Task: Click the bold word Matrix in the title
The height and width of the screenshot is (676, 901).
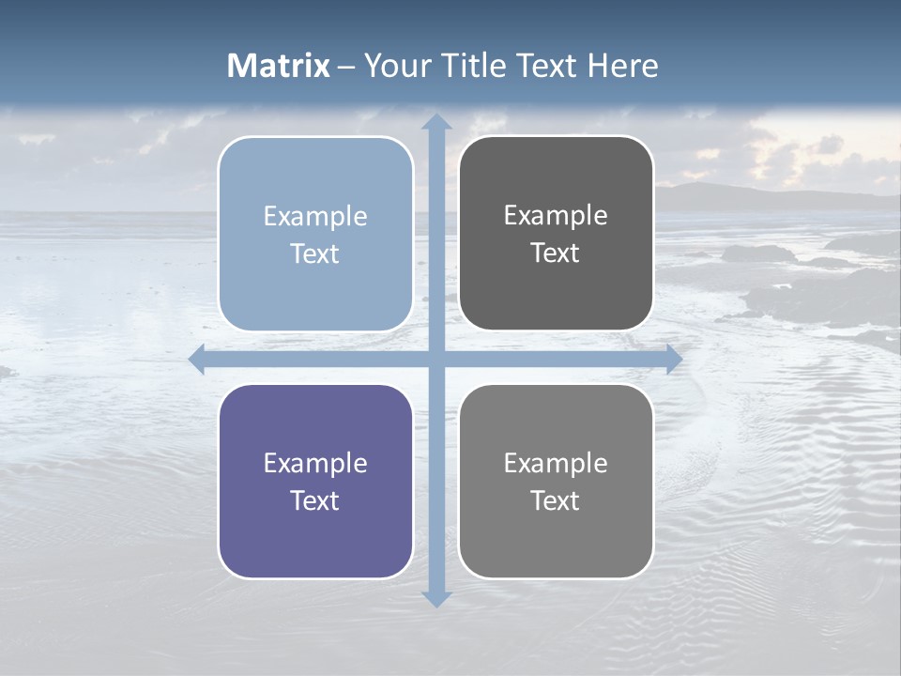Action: click(x=279, y=66)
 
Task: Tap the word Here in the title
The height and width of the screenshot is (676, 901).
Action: click(x=623, y=66)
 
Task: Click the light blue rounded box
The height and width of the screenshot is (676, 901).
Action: click(x=315, y=234)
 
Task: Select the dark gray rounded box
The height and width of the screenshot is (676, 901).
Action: click(x=556, y=234)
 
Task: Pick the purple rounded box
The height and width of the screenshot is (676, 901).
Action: click(x=315, y=481)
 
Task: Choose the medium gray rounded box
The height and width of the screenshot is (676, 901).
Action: click(x=556, y=481)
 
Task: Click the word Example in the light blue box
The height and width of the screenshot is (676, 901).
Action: click(x=315, y=217)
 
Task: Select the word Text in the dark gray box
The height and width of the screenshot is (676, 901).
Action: click(x=556, y=253)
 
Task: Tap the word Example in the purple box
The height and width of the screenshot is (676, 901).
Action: click(x=315, y=464)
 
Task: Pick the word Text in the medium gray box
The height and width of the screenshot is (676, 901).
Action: click(x=556, y=500)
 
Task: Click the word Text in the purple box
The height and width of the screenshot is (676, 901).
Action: click(x=315, y=500)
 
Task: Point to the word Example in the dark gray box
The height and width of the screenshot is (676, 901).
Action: click(x=556, y=216)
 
